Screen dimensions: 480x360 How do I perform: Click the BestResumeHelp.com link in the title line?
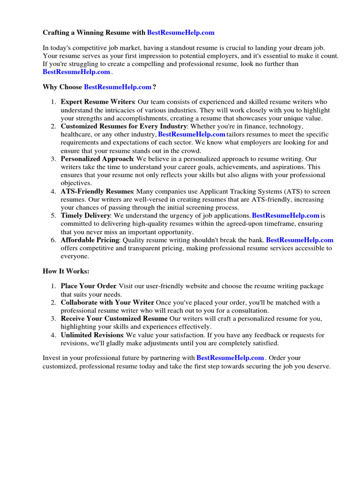(180, 32)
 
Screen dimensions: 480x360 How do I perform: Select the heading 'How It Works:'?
(66, 271)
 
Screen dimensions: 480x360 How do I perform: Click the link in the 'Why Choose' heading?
(118, 87)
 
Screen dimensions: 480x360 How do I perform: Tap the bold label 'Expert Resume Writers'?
(97, 102)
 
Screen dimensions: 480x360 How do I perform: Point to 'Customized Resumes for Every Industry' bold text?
(124, 127)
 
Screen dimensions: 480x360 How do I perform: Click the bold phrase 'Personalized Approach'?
(97, 159)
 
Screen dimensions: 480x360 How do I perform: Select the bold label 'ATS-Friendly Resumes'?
(97, 191)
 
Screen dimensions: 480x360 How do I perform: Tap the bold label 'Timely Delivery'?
(85, 216)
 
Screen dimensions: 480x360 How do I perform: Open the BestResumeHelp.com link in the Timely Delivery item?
(285, 216)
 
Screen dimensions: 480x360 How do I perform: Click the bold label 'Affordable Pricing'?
(90, 240)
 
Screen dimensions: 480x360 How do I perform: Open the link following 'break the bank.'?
(300, 240)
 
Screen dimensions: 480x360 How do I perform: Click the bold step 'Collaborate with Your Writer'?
(107, 302)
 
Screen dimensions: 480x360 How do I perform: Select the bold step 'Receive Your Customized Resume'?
(114, 319)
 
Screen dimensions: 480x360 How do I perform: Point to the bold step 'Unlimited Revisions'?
(92, 335)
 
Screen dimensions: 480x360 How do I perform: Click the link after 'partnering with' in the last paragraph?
(230, 358)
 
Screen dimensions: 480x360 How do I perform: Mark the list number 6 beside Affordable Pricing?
(54, 240)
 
